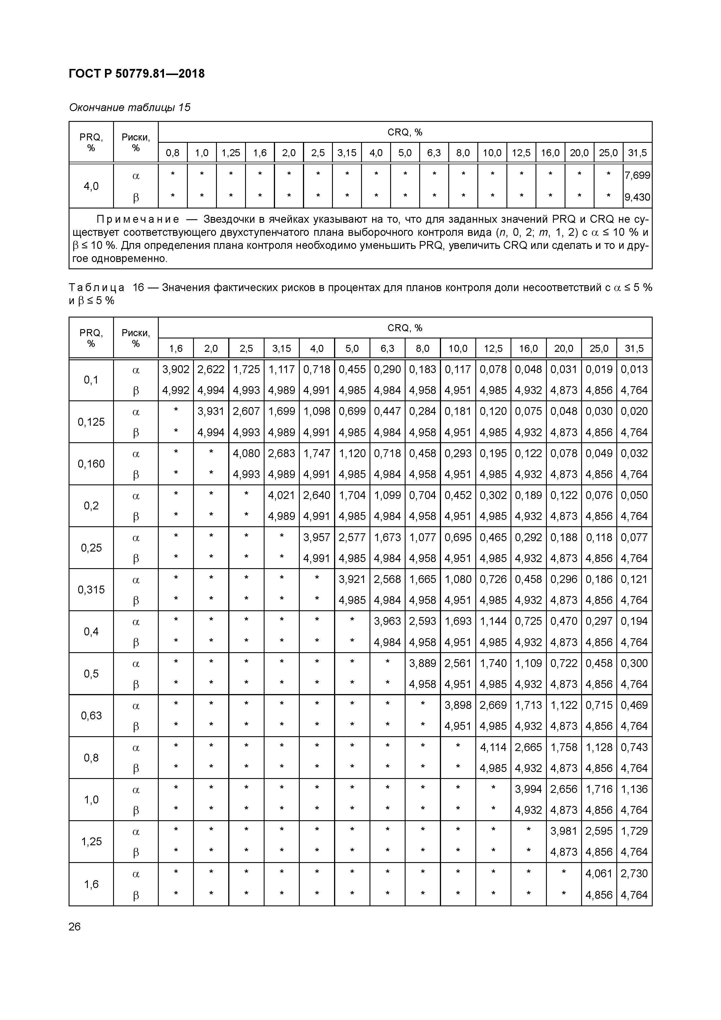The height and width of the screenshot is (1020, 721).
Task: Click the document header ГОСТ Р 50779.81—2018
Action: [137, 74]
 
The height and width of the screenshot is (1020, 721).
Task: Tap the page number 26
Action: [75, 927]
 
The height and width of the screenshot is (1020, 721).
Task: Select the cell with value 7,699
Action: [637, 176]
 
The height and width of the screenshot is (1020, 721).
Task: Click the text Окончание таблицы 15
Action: [130, 108]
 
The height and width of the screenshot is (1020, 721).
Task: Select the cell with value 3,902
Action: [176, 369]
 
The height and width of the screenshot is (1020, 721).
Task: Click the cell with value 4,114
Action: [493, 747]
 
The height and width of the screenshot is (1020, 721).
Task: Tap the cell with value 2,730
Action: [634, 873]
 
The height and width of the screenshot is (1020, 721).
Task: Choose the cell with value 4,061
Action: [599, 873]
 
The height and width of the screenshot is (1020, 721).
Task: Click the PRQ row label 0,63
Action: [91, 716]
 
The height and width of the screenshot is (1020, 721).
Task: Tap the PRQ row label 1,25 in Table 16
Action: [91, 841]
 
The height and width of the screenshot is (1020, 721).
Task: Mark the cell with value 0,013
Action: [634, 369]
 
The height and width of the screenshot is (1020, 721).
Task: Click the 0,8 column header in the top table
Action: [172, 153]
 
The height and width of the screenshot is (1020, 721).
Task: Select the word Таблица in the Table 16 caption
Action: [97, 288]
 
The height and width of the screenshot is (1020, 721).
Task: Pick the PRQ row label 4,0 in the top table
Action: [91, 186]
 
